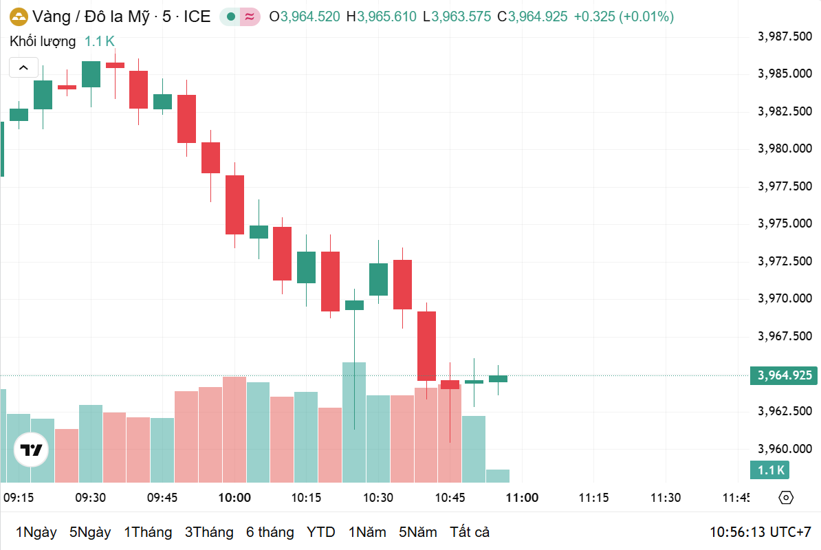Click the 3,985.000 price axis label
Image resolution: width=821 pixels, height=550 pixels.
(x=785, y=74)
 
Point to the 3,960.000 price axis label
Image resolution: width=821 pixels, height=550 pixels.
(x=785, y=449)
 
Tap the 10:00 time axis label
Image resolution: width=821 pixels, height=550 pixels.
(x=234, y=498)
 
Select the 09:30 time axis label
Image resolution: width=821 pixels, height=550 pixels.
(x=90, y=498)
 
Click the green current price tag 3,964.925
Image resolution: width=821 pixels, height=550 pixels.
(x=785, y=375)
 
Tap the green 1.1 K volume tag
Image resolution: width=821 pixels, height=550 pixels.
(x=770, y=470)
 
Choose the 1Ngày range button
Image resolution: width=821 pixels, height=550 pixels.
(x=36, y=532)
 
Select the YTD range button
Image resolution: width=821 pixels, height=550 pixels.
(x=320, y=532)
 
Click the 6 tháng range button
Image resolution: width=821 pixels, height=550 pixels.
(x=270, y=532)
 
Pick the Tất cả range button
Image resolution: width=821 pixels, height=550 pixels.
(x=470, y=532)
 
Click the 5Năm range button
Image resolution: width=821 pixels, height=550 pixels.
(x=418, y=532)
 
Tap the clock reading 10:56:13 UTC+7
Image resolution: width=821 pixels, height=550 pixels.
(x=760, y=532)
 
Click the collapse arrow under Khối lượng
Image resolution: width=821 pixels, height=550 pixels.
(x=23, y=67)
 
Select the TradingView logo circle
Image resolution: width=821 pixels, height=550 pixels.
(x=32, y=450)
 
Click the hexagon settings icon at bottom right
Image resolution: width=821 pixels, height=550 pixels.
(x=787, y=498)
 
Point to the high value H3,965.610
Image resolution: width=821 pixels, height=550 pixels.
(x=382, y=16)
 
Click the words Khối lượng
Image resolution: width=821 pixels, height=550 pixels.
(x=43, y=41)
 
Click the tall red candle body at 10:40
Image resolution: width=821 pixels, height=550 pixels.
(x=427, y=346)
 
